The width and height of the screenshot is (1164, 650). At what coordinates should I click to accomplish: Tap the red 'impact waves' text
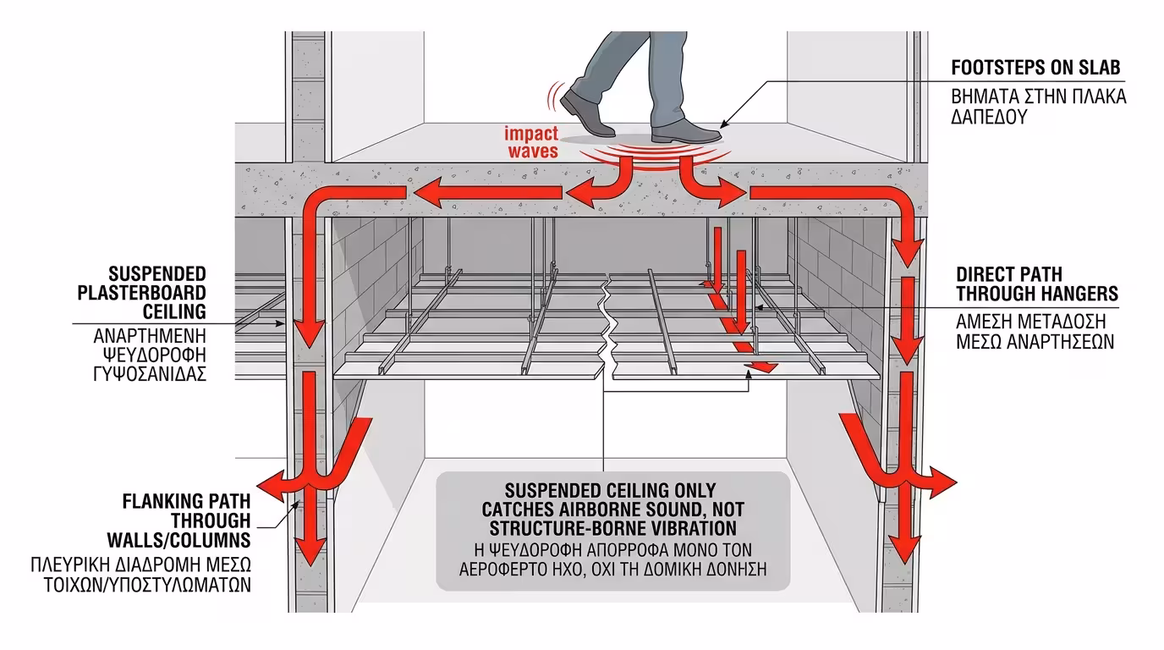(531, 142)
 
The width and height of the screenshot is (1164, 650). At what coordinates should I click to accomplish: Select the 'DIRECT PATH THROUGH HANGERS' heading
(1037, 284)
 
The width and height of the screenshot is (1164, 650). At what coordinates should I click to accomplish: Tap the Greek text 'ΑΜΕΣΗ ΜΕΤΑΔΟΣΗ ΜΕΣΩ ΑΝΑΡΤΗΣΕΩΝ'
(1035, 332)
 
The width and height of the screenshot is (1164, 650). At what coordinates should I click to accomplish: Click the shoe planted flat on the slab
(687, 131)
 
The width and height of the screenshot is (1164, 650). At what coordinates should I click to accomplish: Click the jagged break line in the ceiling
(607, 330)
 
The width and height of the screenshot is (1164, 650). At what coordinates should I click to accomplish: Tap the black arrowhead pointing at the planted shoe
(727, 122)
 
